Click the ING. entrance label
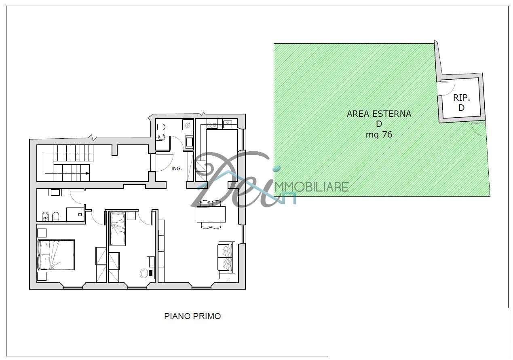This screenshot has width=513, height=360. [176, 169]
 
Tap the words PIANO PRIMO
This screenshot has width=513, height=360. [192, 316]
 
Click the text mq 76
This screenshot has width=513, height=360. [379, 135]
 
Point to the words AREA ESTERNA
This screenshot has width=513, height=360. [379, 114]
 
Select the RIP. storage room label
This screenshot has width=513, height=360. [462, 98]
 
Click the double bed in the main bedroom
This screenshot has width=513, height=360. [56, 255]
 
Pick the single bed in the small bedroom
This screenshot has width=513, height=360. [118, 229]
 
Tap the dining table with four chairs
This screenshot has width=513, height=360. [211, 214]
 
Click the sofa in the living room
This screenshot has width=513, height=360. [226, 257]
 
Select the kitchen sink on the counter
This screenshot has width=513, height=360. [228, 125]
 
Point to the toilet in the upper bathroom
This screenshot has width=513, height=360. [160, 127]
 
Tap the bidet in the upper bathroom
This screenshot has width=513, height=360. [160, 137]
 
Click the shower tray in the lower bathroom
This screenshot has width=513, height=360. [75, 214]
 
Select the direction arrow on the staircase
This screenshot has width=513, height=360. [87, 173]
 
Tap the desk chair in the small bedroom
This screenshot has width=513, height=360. [144, 273]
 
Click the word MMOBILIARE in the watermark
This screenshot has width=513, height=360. [312, 187]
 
